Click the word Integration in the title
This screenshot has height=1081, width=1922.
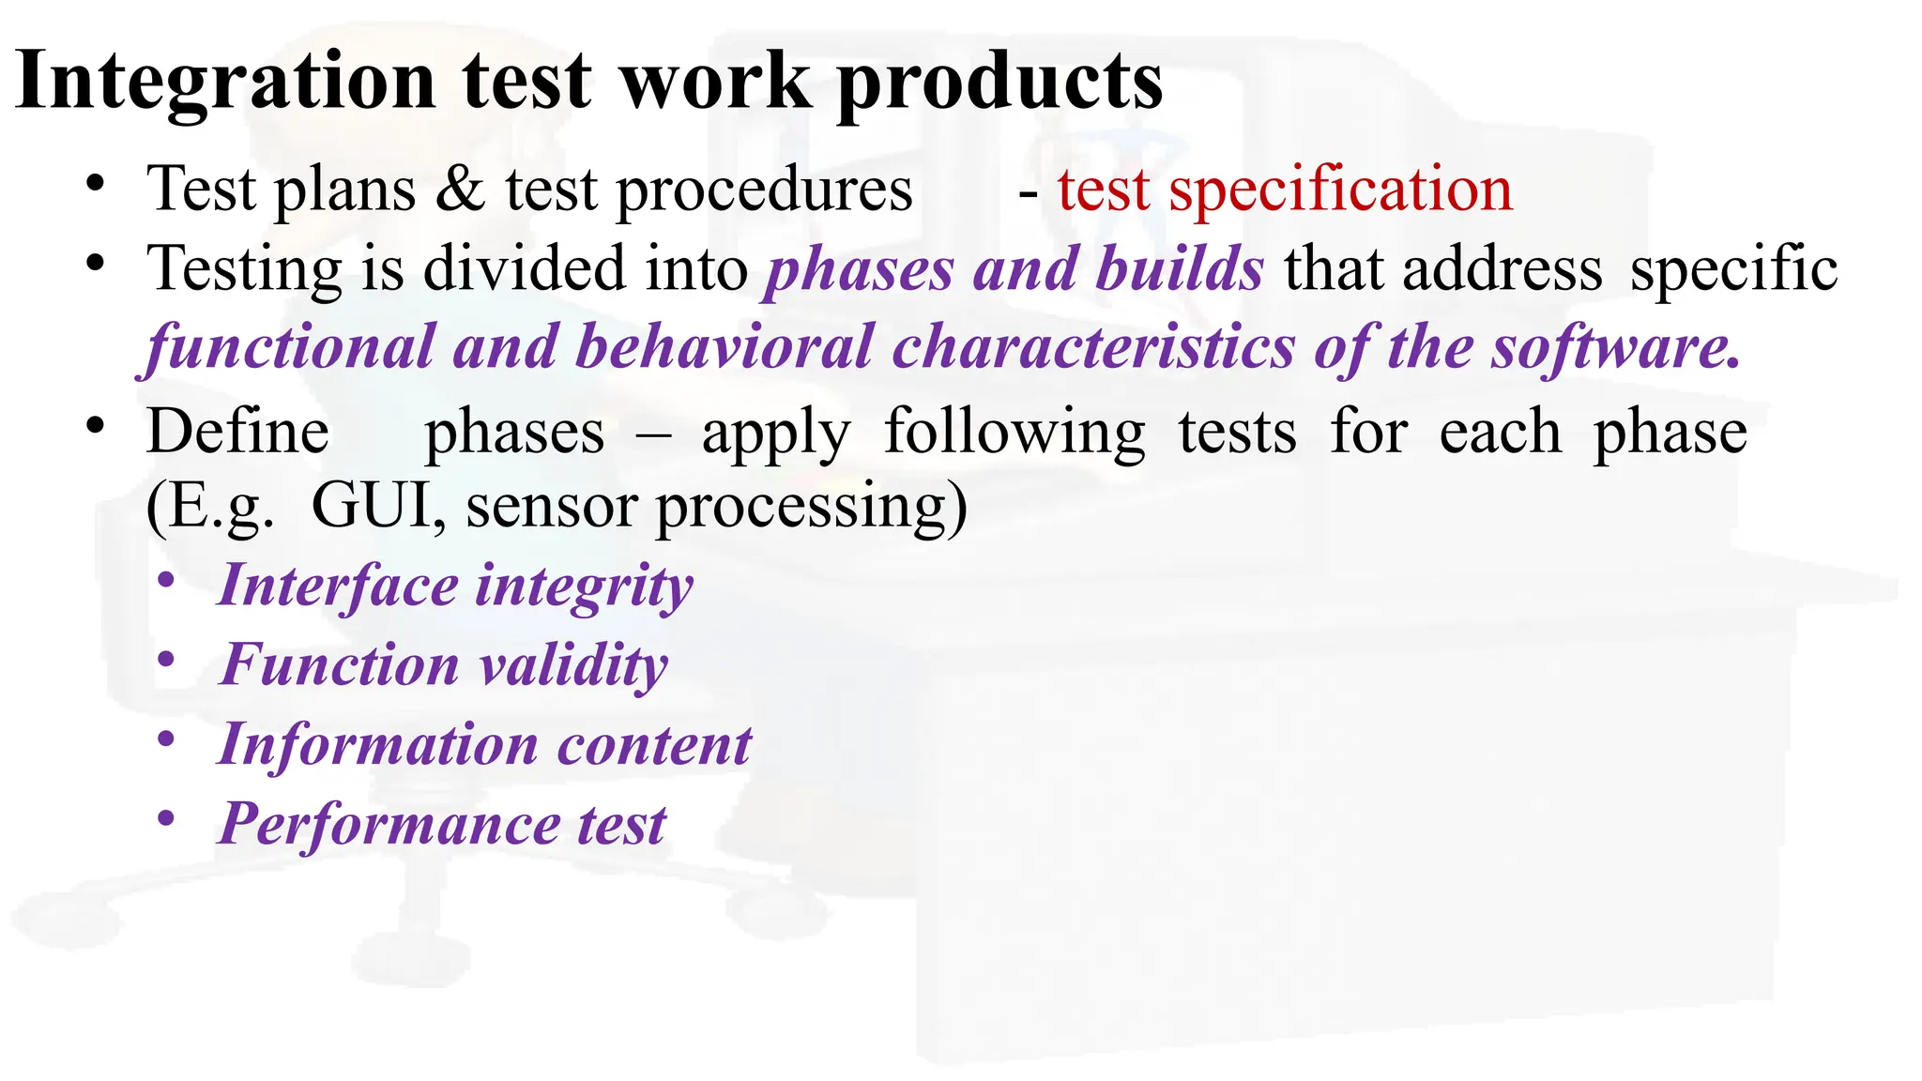pos(225,83)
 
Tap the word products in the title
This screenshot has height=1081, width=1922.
pos(999,83)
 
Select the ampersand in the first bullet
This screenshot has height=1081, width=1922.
pos(460,190)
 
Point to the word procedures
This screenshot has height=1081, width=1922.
pos(764,190)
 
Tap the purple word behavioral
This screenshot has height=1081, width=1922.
pos(724,347)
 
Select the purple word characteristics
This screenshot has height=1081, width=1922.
pos(1093,347)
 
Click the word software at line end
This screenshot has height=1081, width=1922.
pos(1614,347)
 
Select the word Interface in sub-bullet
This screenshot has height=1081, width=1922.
pos(338,586)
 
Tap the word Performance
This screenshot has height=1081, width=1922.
pos(389,825)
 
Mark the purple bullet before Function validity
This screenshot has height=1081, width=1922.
pos(167,661)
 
